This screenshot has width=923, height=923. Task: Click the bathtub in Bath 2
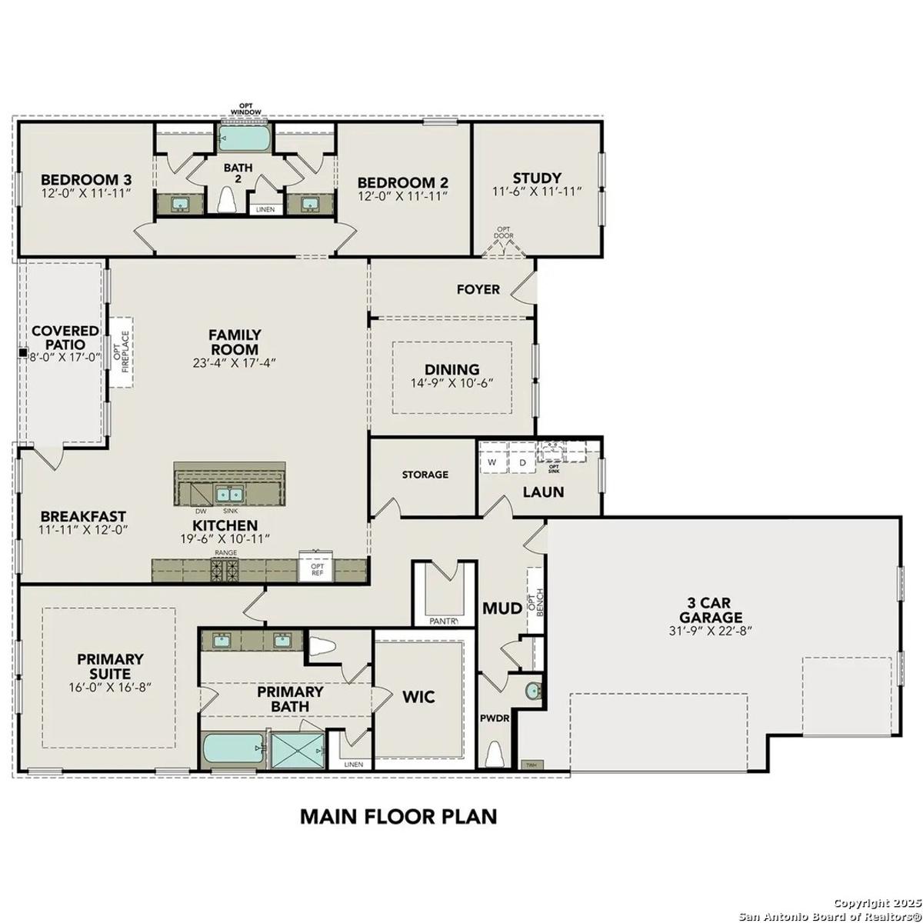[244, 138]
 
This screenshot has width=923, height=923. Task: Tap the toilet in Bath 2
[227, 199]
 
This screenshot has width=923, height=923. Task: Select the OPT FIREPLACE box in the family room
[121, 352]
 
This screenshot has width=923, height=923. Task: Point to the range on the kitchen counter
[225, 569]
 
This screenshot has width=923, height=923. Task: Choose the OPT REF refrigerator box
[316, 566]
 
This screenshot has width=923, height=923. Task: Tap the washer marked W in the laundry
[492, 463]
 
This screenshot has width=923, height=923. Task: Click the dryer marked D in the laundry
[522, 463]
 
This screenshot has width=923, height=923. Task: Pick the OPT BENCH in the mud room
[535, 601]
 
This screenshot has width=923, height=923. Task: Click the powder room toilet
[495, 755]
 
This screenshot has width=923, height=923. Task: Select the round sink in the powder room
[533, 691]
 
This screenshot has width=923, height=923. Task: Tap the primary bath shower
[298, 751]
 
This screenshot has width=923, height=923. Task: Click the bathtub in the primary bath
[233, 751]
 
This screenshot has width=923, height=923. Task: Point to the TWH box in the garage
[531, 765]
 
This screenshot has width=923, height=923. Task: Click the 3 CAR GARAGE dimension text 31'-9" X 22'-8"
[710, 631]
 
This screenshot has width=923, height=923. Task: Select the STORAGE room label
[425, 475]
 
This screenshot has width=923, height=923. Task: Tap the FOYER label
[478, 289]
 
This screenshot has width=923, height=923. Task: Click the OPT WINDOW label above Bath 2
[246, 108]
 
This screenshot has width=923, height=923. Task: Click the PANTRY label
[444, 621]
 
